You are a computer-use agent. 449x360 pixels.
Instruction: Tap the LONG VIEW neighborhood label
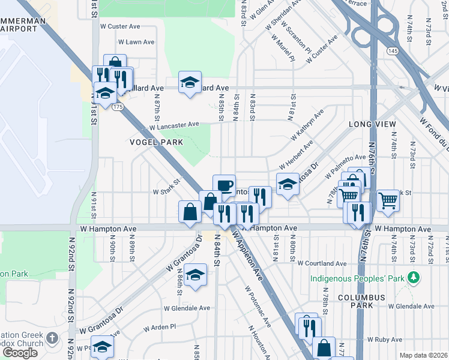click(x=372, y=124)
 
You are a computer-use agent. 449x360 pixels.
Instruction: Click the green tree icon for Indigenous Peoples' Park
click(x=412, y=278)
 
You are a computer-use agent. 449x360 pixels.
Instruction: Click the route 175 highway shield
click(x=117, y=106)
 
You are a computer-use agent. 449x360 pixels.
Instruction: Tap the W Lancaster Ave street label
click(x=174, y=125)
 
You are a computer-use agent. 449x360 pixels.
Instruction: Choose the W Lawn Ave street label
click(x=136, y=43)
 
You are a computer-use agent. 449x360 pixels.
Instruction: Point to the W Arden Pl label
click(x=158, y=327)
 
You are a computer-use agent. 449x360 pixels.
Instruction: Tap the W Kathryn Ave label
click(x=307, y=124)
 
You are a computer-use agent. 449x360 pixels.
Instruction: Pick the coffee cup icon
click(x=224, y=185)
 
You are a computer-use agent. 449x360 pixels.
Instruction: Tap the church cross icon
click(x=52, y=339)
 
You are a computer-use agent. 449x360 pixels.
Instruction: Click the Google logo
click(x=20, y=353)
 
